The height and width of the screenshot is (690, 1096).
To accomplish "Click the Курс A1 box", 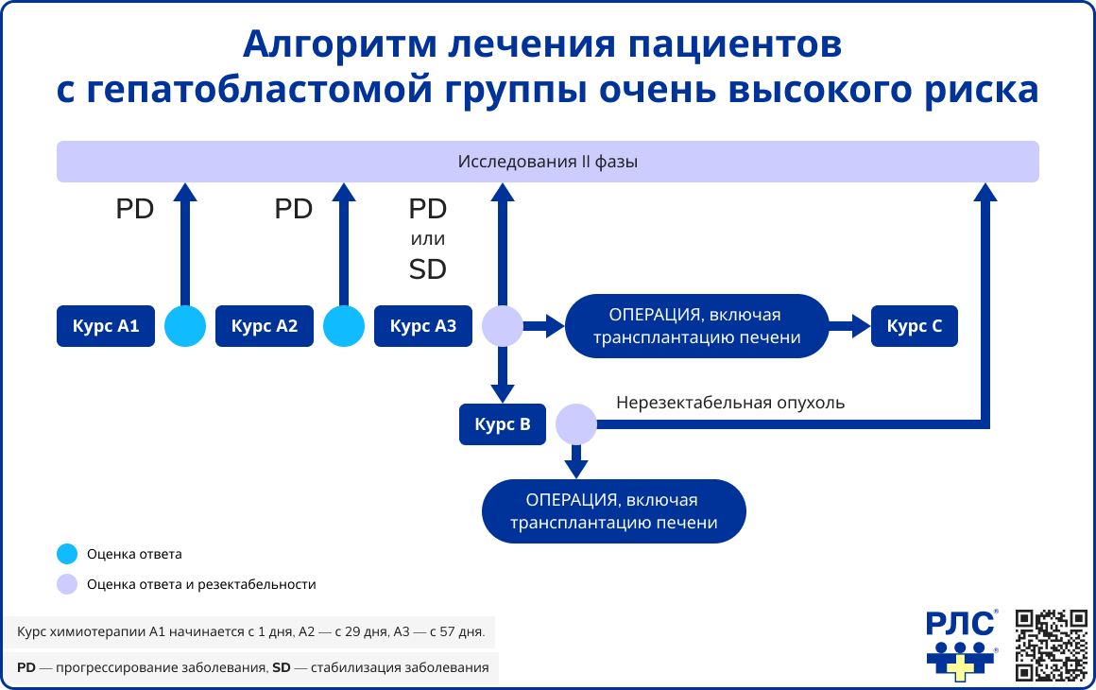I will [x=106, y=326].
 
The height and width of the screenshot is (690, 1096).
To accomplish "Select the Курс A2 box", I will [x=265, y=326].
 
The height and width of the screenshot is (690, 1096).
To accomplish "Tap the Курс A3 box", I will [x=423, y=326].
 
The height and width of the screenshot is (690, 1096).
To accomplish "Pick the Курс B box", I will [x=503, y=424].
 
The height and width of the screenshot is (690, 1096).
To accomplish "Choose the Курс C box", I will [x=915, y=326].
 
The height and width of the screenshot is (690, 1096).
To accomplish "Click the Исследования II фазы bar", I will [x=548, y=162].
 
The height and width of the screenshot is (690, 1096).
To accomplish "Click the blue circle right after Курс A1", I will [x=185, y=326].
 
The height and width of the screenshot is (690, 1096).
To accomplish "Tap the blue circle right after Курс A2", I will [x=344, y=326].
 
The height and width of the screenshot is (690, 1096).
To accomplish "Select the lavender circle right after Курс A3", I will [x=503, y=326].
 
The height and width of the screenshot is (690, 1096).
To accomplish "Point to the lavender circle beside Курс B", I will [x=575, y=424].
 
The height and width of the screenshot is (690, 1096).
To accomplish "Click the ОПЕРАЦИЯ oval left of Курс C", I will [x=696, y=326].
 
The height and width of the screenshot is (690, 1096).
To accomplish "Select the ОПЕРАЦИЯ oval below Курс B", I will [x=614, y=510].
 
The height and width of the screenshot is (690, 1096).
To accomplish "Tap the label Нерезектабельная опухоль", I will [x=730, y=403].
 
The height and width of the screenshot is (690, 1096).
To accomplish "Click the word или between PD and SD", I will [x=428, y=239].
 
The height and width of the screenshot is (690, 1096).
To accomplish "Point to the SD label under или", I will [x=428, y=270].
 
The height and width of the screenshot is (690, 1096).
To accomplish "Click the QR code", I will [x=1051, y=645].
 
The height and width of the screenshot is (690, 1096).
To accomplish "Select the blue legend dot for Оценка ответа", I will [x=67, y=554].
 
